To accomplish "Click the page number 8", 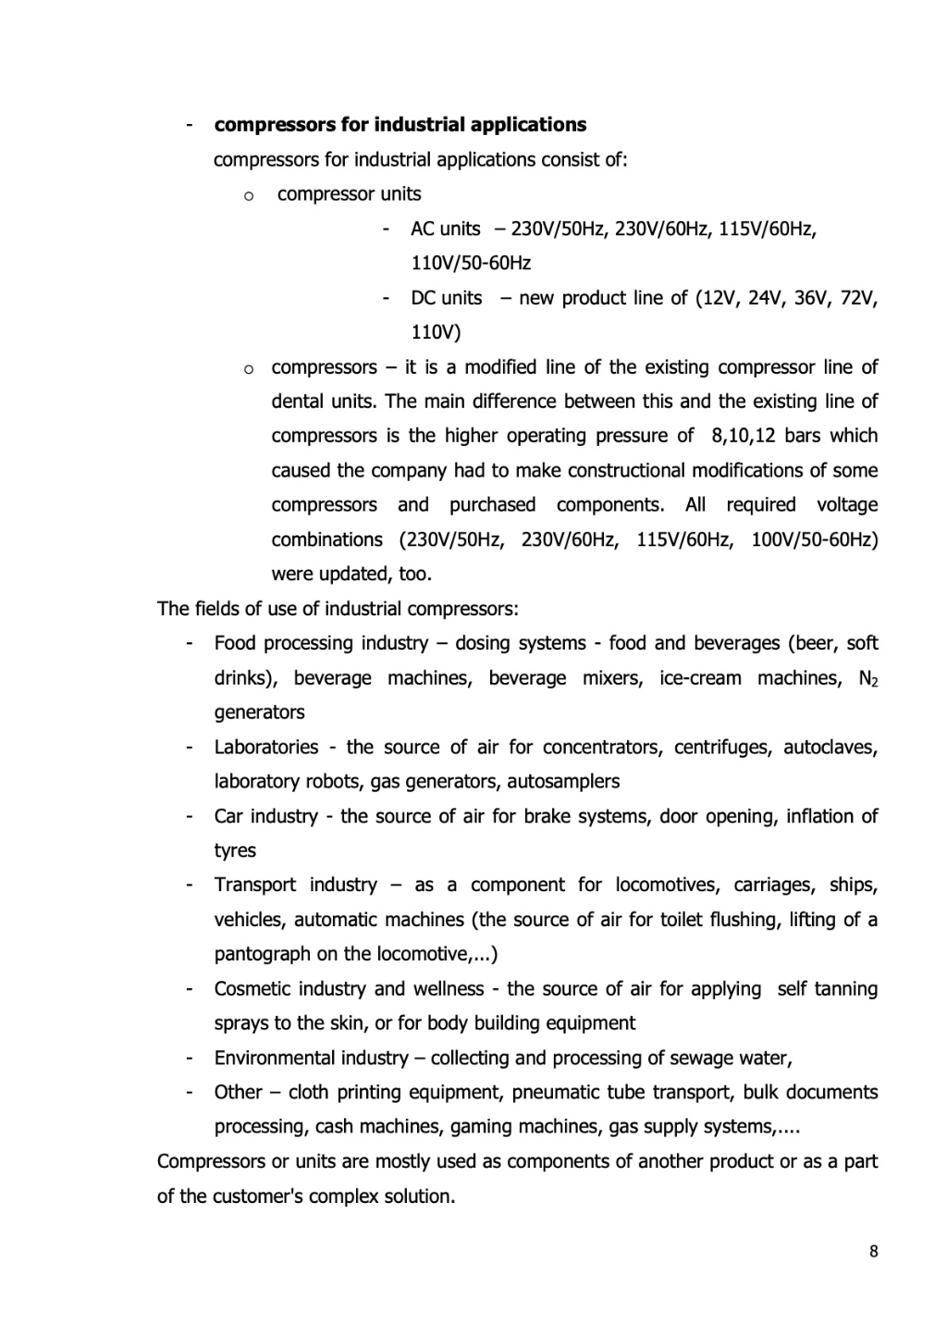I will (874, 1252).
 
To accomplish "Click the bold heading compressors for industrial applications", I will (400, 125).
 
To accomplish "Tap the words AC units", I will (446, 229).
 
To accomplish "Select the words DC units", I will (447, 298).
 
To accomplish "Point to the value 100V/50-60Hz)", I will (814, 539).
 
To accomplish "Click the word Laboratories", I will (266, 747).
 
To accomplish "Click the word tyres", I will (235, 850).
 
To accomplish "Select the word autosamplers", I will (563, 782).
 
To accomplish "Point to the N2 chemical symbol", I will (867, 679).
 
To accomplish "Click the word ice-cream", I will (700, 678).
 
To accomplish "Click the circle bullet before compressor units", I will (248, 195).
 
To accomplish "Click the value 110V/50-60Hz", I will (471, 264).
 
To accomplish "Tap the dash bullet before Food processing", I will (189, 643).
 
